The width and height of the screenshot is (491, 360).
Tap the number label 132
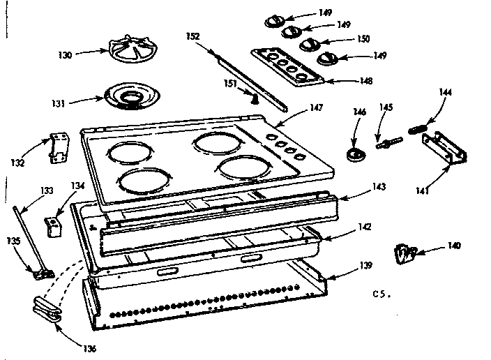(x=17, y=163)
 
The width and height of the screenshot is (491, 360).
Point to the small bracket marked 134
(x=52, y=225)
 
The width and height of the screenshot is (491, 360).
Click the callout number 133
(x=46, y=190)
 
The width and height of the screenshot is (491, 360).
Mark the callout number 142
(x=364, y=227)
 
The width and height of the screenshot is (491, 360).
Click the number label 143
(x=379, y=186)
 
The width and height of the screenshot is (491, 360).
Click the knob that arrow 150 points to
(x=309, y=45)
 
